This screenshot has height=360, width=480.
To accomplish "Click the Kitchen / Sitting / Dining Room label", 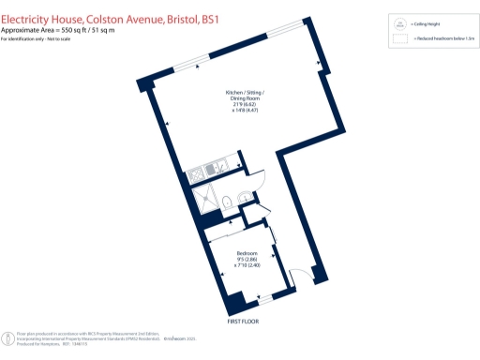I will click(245, 97).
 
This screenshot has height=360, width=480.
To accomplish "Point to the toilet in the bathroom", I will click(244, 197).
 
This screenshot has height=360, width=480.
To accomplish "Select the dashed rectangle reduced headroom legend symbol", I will click(400, 40).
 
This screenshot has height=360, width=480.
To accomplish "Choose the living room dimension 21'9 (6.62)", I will click(246, 104).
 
